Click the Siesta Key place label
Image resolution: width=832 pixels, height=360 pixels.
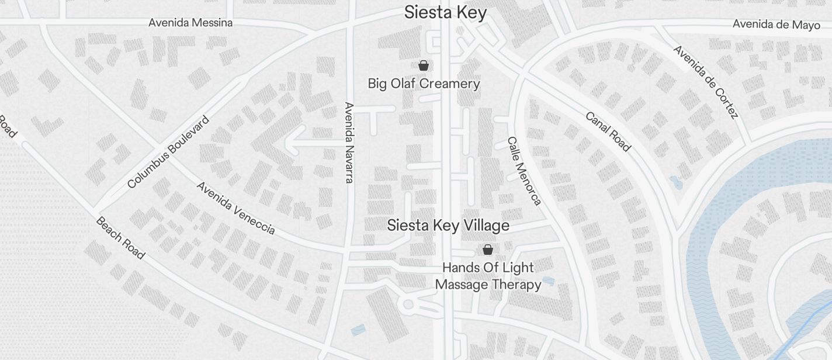click(x=445, y=12)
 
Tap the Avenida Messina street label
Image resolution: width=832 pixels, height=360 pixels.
click(x=190, y=23)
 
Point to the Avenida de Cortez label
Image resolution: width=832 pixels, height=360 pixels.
click(x=706, y=81)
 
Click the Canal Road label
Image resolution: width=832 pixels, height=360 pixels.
click(x=608, y=131)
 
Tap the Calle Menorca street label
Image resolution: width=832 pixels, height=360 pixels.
click(x=524, y=171)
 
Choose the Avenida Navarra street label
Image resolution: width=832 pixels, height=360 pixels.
click(x=349, y=143)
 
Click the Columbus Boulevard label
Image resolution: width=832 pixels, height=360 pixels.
click(x=168, y=152)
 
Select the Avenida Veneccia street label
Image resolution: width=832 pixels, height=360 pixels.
click(x=235, y=207)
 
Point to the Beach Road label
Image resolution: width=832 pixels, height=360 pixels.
click(x=120, y=238)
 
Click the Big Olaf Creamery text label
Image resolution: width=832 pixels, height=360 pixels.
click(x=424, y=84)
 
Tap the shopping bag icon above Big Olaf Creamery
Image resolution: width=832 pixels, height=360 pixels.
click(x=424, y=65)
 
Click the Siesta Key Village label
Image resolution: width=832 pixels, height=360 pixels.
click(x=448, y=226)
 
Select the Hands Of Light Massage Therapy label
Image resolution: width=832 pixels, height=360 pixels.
click(x=488, y=276)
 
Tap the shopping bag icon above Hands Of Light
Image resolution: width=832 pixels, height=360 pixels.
click(x=488, y=250)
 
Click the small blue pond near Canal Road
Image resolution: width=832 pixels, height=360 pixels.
click(x=676, y=182)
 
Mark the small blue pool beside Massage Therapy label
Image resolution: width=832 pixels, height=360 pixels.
click(x=548, y=282)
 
